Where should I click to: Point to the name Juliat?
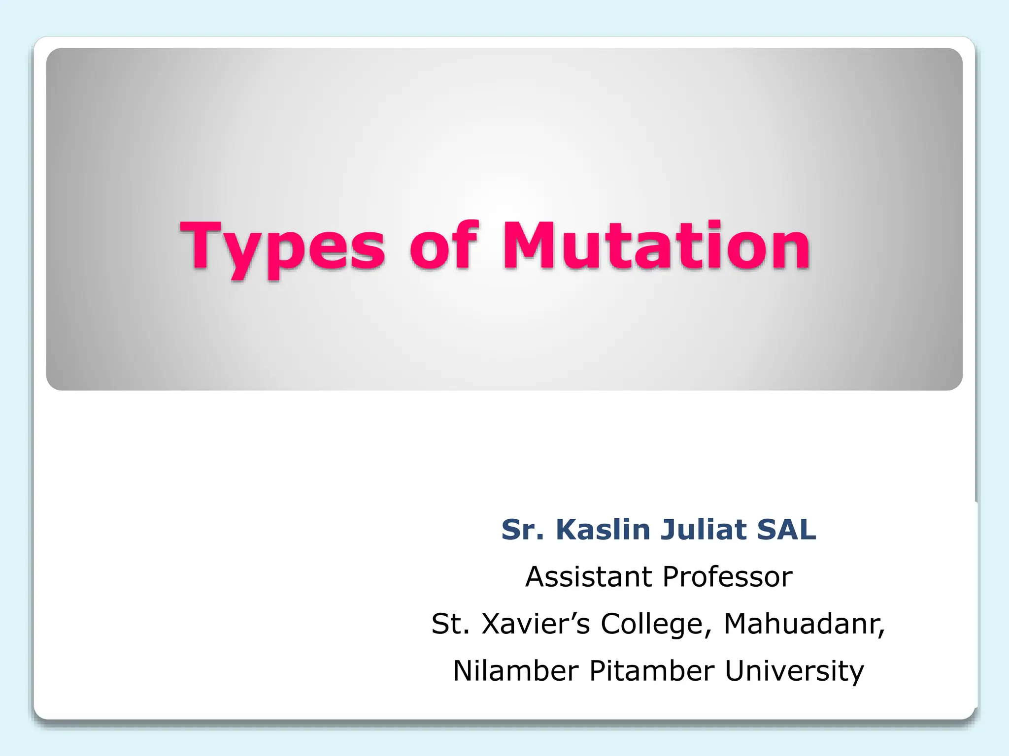(704, 530)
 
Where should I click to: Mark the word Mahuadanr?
(801, 624)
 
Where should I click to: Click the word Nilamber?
(515, 671)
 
